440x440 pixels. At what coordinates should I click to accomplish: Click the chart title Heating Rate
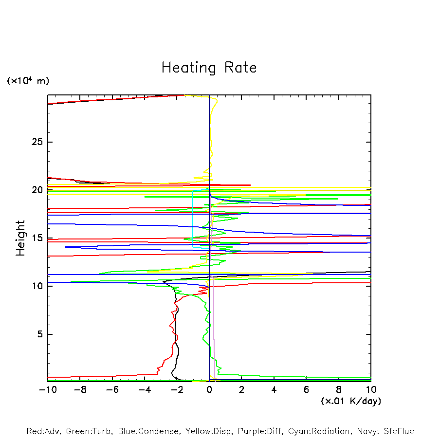[209, 68]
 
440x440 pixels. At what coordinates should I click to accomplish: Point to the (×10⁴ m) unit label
[28, 81]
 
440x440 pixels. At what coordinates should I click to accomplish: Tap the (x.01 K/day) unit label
[351, 401]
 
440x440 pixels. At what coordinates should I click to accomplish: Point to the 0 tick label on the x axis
[209, 390]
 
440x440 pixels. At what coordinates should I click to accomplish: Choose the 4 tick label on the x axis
[275, 390]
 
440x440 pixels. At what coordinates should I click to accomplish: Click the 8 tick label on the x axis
[339, 390]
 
